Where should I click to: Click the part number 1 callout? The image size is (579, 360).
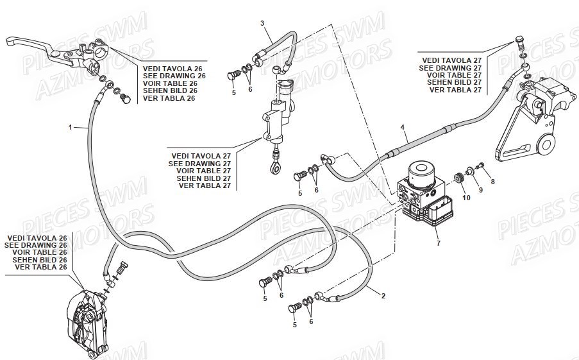[x=70, y=128]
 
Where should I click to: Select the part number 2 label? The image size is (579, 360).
[x=383, y=296]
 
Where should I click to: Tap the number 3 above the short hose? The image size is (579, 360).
[x=262, y=24]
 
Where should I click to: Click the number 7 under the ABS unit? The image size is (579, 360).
[x=438, y=243]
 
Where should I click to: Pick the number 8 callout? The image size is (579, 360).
[x=492, y=182]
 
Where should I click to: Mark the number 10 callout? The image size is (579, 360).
[x=466, y=198]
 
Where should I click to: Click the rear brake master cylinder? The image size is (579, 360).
[x=276, y=116]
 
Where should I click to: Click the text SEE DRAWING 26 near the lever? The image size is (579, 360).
[x=174, y=76]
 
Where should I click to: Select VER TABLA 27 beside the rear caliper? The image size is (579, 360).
[x=455, y=90]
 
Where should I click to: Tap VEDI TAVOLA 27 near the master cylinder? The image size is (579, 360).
[x=201, y=155]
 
